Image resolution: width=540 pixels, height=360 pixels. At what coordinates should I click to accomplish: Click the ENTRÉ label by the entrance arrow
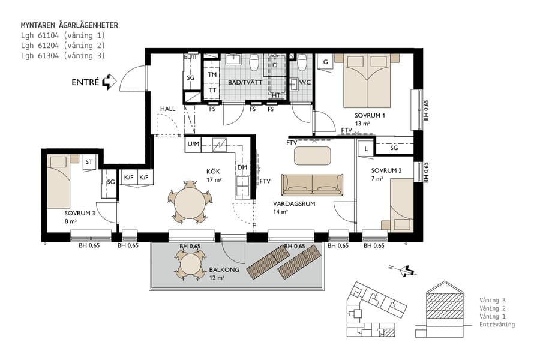(85, 83)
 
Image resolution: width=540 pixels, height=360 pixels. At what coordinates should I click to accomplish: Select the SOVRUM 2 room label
(386, 170)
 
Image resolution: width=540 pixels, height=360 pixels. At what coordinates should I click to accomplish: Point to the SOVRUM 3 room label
(80, 213)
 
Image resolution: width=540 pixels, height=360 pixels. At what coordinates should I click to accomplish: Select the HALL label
(167, 109)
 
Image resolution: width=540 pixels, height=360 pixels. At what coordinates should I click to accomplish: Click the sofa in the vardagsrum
(312, 185)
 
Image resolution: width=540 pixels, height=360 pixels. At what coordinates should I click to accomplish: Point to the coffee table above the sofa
(312, 156)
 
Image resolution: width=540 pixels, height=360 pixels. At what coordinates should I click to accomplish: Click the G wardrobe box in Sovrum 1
(325, 62)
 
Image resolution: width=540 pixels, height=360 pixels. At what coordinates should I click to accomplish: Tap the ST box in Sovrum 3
(89, 161)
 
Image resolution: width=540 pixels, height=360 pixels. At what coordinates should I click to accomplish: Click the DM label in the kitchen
(242, 167)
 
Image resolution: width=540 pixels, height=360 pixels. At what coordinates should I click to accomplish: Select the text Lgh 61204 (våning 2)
(63, 45)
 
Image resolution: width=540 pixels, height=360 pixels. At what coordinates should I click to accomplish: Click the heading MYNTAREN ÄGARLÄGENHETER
(70, 25)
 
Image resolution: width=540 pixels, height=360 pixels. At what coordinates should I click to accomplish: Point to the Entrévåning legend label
(497, 325)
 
